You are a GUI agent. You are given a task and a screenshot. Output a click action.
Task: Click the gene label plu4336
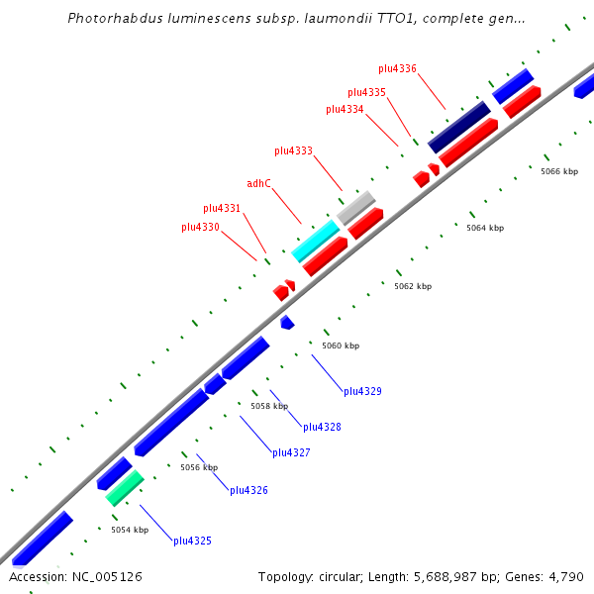(397, 68)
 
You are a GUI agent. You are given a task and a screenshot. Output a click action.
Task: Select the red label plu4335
(366, 92)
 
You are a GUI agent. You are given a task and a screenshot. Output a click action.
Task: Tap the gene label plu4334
(345, 109)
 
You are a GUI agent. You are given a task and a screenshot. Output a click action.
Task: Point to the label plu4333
(293, 150)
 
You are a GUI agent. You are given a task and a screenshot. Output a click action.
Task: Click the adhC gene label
(258, 183)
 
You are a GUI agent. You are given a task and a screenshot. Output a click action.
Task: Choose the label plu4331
(222, 208)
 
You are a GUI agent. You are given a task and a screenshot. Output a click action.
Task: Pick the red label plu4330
(200, 227)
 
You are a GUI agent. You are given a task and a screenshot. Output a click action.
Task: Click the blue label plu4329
(362, 391)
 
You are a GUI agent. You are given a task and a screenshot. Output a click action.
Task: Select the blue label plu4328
(322, 427)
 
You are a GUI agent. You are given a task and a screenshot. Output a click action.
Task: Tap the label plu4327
(291, 452)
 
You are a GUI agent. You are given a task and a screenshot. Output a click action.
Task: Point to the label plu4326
(248, 490)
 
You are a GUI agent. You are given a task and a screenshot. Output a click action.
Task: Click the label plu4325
(192, 541)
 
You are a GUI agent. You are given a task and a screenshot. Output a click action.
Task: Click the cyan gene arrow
(316, 241)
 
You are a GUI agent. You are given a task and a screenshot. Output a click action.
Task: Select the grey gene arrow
(355, 207)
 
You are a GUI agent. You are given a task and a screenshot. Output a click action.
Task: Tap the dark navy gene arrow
(458, 127)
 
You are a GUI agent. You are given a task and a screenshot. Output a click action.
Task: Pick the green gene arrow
(125, 488)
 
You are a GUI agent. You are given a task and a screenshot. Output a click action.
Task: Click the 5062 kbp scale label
(413, 286)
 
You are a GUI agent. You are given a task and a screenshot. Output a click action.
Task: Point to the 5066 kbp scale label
(559, 171)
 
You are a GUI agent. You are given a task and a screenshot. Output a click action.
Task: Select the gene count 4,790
(564, 576)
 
